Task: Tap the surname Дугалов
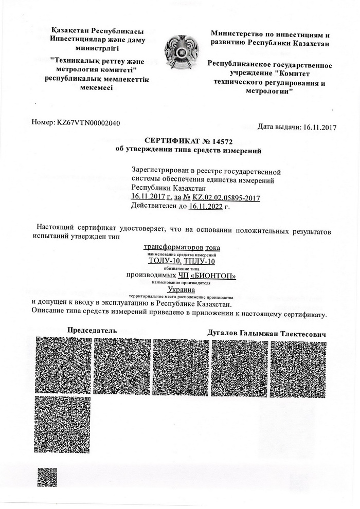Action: point(222,334)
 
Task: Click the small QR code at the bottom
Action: point(47,477)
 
